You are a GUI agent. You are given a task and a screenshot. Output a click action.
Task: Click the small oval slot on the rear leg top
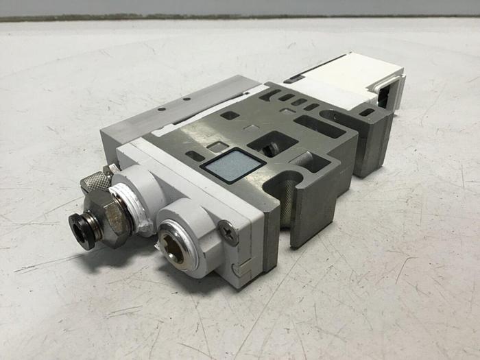pyautogui.click(x=368, y=112)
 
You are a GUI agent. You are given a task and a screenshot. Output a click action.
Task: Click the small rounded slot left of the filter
pyautogui.click(x=196, y=156)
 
